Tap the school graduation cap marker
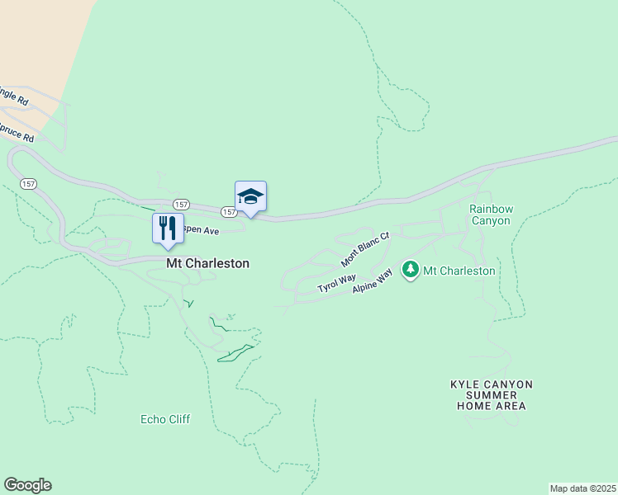tap(250, 197)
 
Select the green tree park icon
tap(411, 270)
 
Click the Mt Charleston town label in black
tap(207, 264)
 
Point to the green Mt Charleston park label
tap(459, 271)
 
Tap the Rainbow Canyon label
tap(490, 214)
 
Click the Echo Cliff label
tap(165, 419)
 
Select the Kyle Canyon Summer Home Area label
tap(492, 395)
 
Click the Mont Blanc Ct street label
tap(364, 249)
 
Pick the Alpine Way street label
tap(372, 280)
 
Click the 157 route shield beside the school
tap(229, 212)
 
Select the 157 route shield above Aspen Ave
tap(181, 204)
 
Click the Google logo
tap(27, 485)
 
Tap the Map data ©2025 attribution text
tap(582, 488)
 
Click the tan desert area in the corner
tap(37, 41)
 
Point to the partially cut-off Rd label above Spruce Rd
tap(14, 97)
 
